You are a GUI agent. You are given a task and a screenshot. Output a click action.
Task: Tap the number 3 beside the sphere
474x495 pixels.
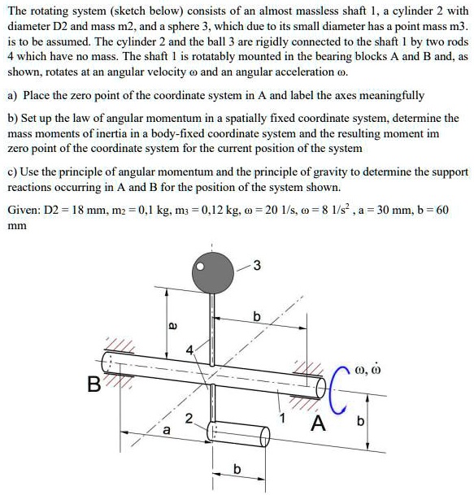coord(257,263)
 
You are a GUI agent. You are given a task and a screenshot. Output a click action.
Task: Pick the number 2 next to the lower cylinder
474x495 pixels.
coord(189,419)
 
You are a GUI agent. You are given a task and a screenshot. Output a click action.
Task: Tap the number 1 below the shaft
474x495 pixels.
coord(283,418)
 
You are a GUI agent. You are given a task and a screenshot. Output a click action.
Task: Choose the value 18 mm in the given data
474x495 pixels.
coord(89,210)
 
